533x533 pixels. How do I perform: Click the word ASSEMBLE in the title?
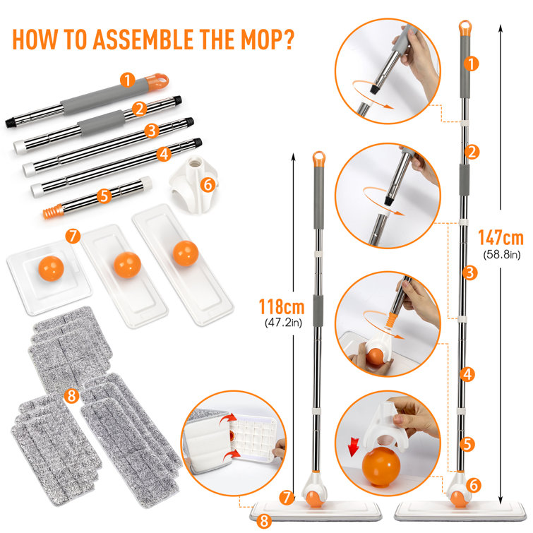145,38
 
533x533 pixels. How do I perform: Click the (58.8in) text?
500,253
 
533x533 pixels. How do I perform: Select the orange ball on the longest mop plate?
186,253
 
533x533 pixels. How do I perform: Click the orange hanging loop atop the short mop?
320,157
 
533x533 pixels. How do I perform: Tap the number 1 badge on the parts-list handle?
126,80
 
